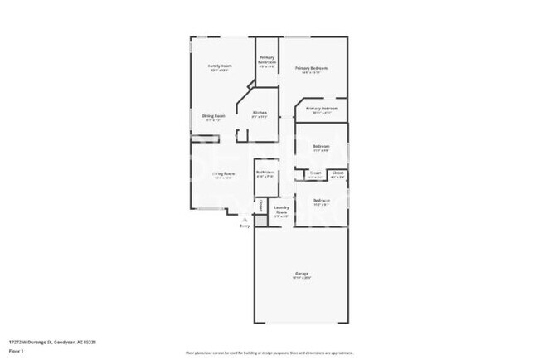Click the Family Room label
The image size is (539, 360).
coord(219,66)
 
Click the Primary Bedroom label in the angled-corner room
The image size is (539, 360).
coord(322,109)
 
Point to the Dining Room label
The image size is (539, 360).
coord(215,115)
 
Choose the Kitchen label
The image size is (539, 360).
coord(260,113)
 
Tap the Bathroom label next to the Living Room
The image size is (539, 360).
coord(265,173)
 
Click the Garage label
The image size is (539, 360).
coord(301,273)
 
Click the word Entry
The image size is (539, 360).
coord(244,226)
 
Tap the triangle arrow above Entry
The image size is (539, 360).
coord(244,219)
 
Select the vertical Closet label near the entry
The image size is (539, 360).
coord(259,204)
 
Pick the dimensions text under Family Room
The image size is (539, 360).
coord(219,71)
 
